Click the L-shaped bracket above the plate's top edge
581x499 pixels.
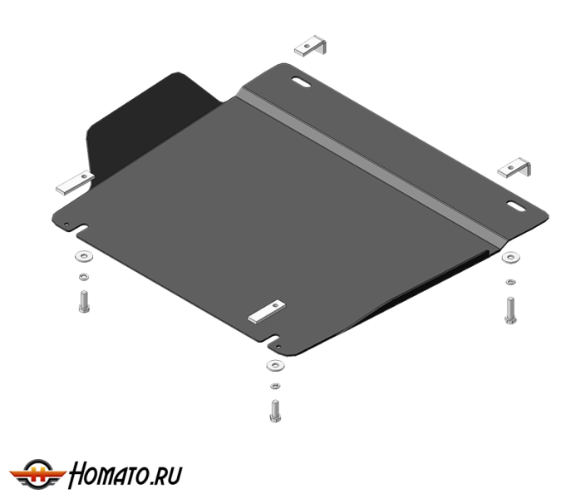point(311,47)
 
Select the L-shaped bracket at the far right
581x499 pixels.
point(514,168)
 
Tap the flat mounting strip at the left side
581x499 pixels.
point(75,183)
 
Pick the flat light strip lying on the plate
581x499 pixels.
point(267,312)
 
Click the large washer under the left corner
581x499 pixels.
point(84,256)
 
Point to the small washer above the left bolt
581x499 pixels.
point(84,277)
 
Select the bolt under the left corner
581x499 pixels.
point(84,301)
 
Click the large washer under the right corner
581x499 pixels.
point(510,257)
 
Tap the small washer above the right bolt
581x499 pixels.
point(510,282)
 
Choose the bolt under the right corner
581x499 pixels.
point(510,310)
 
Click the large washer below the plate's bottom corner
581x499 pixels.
point(275,366)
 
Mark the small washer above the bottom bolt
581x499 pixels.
point(275,386)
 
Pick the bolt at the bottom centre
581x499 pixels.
point(275,411)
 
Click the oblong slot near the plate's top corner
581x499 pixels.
point(301,82)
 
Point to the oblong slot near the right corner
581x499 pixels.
point(516,206)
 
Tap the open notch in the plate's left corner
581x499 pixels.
point(82,229)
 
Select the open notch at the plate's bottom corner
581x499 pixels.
point(273,340)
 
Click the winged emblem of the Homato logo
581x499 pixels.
point(37,474)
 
